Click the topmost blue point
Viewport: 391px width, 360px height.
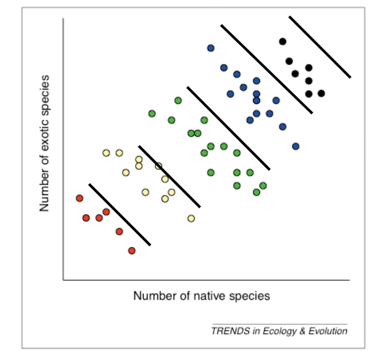click(211, 48)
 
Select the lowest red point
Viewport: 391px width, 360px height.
click(132, 250)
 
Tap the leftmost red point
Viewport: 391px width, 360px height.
click(80, 198)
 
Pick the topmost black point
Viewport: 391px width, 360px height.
click(282, 41)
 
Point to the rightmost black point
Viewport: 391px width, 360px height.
click(321, 93)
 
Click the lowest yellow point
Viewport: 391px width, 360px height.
click(191, 218)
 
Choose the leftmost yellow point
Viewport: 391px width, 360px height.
click(106, 153)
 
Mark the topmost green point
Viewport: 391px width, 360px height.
click(178, 100)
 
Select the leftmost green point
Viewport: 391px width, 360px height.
click(152, 114)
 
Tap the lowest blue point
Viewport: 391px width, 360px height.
click(295, 146)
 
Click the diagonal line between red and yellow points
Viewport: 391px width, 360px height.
click(119, 214)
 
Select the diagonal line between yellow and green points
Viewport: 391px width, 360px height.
click(169, 176)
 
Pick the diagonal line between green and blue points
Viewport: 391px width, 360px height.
click(228, 128)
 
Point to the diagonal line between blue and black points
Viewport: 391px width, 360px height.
click(266, 68)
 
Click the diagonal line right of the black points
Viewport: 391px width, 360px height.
click(320, 47)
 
